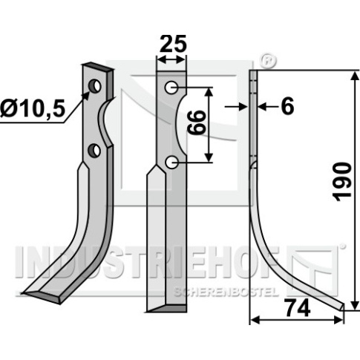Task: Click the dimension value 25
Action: pyautogui.click(x=173, y=44)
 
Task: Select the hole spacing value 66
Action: pyautogui.click(x=197, y=122)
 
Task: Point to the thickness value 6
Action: pyautogui.click(x=287, y=107)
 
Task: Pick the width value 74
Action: pyautogui.click(x=298, y=308)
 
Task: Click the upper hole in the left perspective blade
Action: pyautogui.click(x=95, y=86)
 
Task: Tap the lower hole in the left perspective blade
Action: pyautogui.click(x=94, y=151)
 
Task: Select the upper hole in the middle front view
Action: pyautogui.click(x=171, y=88)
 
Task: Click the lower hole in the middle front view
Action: pyautogui.click(x=171, y=163)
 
